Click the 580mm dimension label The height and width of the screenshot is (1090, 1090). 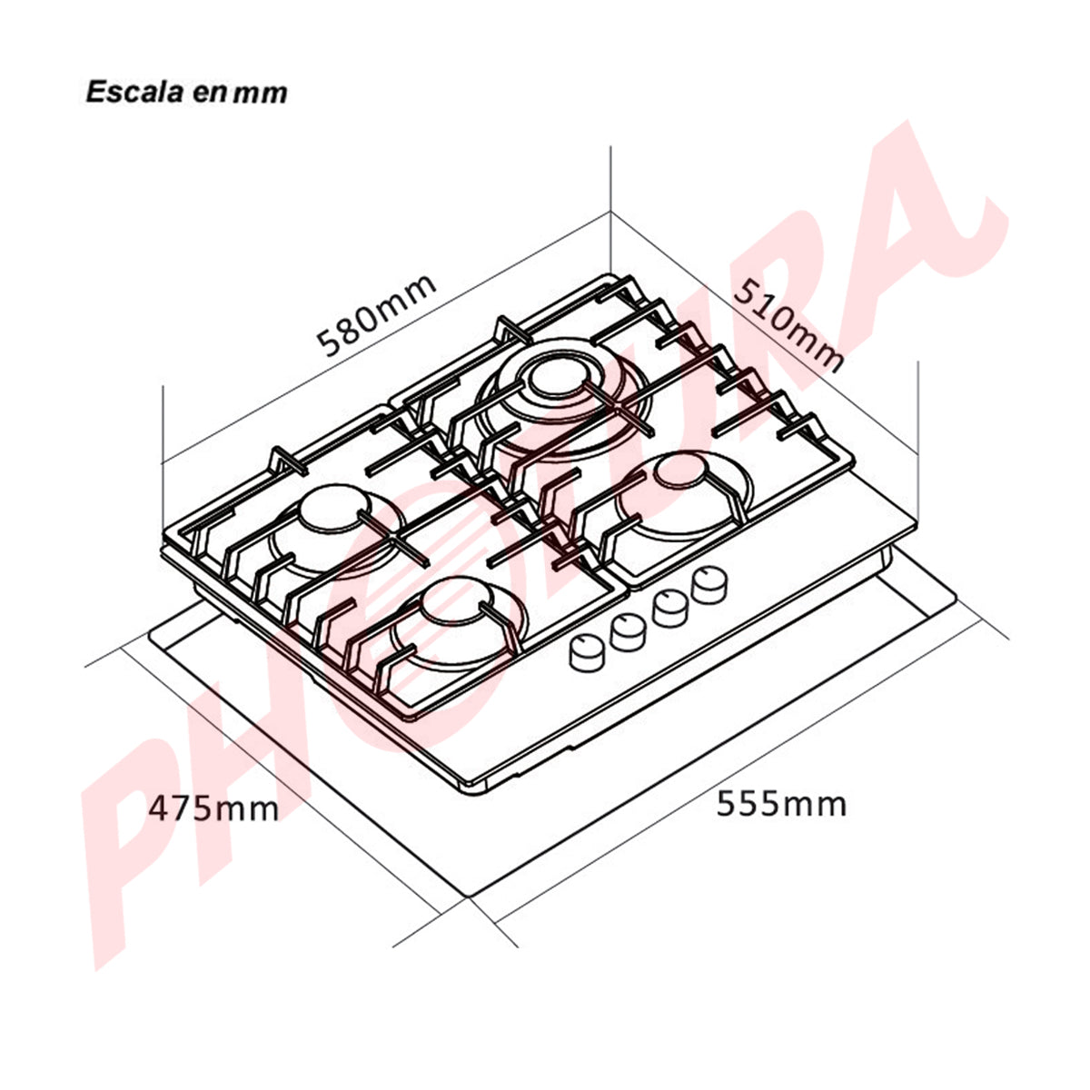[378, 314]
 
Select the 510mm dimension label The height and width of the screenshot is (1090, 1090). [788, 323]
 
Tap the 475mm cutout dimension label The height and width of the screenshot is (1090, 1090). [214, 807]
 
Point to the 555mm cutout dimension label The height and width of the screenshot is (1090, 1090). [781, 803]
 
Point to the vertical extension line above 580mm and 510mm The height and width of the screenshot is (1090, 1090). [609, 182]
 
